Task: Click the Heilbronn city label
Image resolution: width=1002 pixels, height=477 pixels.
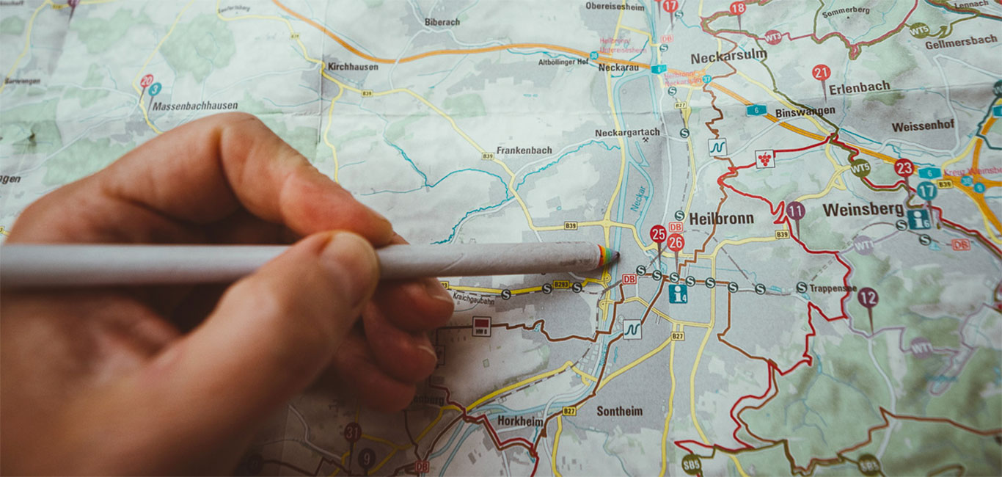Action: [721, 218]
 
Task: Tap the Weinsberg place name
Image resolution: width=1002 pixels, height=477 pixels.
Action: [863, 210]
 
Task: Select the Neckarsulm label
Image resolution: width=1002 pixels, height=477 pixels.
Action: [728, 56]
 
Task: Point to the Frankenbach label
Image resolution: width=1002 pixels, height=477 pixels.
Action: [524, 150]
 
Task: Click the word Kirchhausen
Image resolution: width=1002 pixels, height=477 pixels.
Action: [353, 66]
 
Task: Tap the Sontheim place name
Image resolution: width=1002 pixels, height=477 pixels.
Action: [619, 411]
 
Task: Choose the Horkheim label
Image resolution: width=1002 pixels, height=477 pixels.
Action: [519, 421]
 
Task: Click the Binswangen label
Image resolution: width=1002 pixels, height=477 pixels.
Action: [805, 111]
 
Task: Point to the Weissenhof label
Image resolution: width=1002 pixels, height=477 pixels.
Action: [923, 126]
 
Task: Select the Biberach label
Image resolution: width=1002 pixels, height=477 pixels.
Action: [442, 22]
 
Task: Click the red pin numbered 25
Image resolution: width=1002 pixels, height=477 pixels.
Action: [658, 234]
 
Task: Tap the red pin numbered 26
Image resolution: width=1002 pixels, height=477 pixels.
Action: [676, 243]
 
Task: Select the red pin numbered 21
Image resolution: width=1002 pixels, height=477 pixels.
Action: [821, 73]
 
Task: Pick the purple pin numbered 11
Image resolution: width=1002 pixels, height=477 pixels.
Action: [795, 211]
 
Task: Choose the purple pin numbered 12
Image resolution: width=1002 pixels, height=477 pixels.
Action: [868, 297]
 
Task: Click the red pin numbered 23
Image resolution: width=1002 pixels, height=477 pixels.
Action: [904, 168]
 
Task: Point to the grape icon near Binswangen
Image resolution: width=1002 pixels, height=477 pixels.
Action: [765, 159]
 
